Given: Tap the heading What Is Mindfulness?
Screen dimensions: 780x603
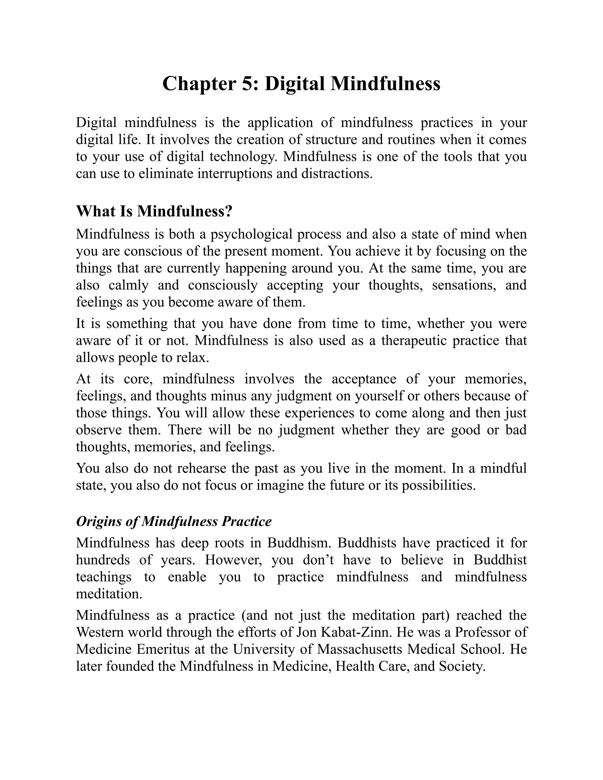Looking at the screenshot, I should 154,211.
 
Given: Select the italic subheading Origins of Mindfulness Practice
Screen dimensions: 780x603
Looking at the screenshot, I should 174,522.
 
